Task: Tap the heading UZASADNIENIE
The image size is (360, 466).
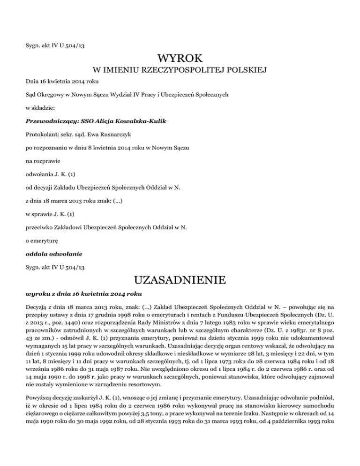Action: (180, 282)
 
